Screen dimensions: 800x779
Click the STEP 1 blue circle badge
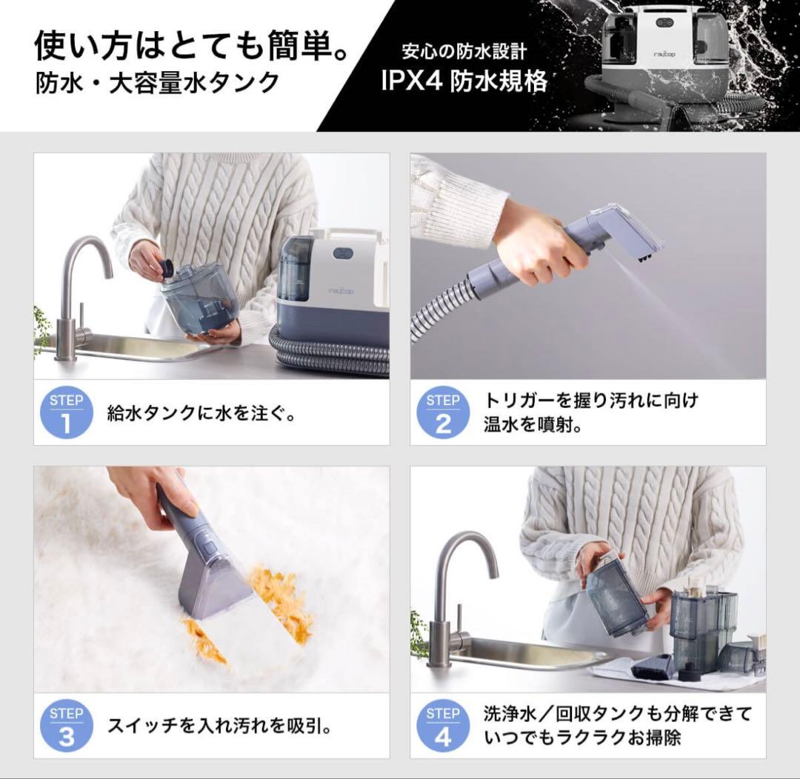click(x=67, y=414)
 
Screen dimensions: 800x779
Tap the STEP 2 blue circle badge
click(x=443, y=414)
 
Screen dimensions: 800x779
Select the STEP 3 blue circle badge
click(x=67, y=726)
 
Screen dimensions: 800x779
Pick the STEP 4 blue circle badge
click(x=443, y=726)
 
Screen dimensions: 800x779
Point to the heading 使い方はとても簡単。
click(x=193, y=45)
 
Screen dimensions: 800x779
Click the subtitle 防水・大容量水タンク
click(x=158, y=84)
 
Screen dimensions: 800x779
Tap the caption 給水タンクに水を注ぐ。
click(x=201, y=413)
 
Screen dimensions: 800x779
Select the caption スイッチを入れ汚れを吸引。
click(x=219, y=726)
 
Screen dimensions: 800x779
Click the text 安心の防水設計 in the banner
click(x=464, y=52)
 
